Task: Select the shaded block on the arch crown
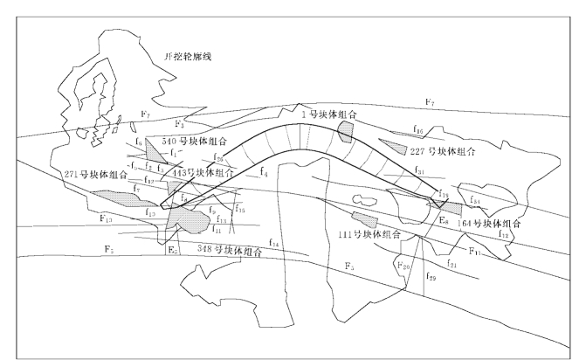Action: pos(346,131)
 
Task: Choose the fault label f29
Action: pos(431,276)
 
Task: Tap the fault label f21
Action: pos(452,263)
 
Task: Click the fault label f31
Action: pos(419,171)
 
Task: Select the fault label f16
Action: pos(418,131)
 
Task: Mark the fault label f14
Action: pos(275,242)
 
